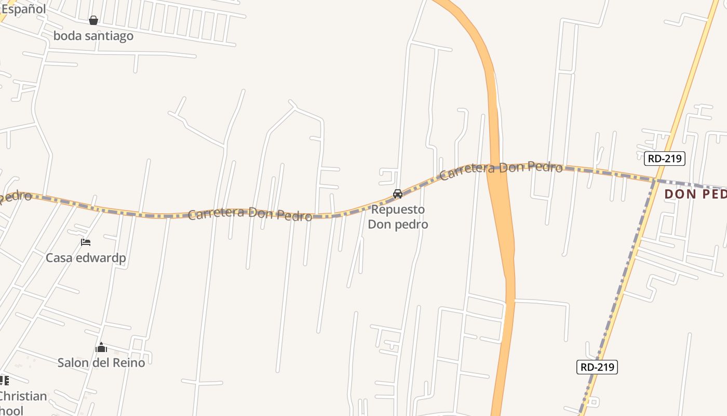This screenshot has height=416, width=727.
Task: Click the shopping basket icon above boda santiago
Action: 93,20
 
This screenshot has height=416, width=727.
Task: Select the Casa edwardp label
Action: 86,258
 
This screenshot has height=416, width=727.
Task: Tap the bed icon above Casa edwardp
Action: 86,242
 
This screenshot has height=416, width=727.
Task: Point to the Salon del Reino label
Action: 101,362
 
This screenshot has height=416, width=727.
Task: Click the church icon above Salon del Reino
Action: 101,347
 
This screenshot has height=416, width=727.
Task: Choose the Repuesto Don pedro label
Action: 398,217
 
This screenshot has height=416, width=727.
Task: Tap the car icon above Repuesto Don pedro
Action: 398,194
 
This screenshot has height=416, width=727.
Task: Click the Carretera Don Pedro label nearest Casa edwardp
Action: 250,214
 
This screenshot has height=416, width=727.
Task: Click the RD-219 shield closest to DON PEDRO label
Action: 665,159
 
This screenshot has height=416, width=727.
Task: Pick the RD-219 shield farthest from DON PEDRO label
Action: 597,367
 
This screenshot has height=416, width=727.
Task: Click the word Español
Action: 23,9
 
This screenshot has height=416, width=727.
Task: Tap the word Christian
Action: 22,396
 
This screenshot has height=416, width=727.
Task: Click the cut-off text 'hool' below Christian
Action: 11,411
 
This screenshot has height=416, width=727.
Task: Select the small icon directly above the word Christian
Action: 4,380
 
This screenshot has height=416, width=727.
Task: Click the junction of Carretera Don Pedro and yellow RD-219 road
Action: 655,180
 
